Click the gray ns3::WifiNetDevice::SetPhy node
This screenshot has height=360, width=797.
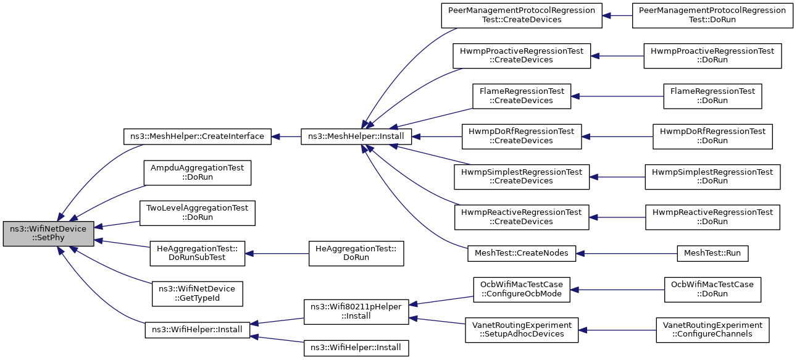pos(48,233)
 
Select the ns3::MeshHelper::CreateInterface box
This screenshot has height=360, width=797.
pos(197,136)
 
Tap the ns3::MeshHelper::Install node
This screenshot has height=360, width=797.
pos(356,136)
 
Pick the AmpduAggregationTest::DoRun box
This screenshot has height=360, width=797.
pos(197,172)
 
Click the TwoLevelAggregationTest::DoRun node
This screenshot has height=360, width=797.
pos(197,212)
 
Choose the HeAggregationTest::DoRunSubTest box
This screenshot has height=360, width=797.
pos(197,253)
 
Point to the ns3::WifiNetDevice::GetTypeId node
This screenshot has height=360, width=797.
pos(197,293)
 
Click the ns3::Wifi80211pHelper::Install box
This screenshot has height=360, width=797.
pos(356,312)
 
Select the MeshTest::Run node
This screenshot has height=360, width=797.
pos(712,253)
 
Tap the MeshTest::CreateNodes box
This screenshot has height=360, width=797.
pos(522,253)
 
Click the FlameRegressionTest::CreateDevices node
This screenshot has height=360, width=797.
pos(522,96)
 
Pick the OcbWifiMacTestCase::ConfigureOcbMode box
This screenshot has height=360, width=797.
pos(522,290)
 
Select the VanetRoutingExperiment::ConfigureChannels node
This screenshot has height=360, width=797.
pos(712,330)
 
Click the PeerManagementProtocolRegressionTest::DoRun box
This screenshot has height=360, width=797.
pos(712,15)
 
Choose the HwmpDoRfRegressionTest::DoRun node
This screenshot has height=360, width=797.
pos(712,136)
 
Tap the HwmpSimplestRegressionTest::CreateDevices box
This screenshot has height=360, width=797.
pos(522,177)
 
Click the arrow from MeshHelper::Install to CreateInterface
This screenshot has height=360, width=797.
pos(286,136)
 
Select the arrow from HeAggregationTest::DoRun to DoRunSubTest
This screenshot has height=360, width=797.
pos(277,254)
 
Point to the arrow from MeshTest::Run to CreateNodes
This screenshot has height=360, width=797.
pos(627,254)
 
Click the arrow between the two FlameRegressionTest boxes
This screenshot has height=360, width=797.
pos(617,96)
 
